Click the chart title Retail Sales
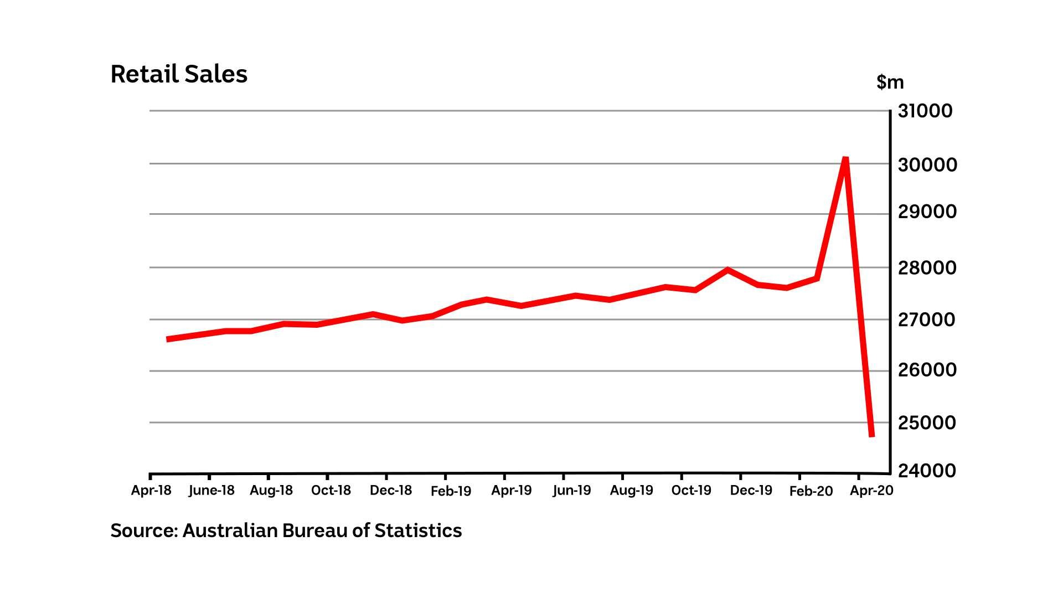pos(179,74)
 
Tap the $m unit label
pos(890,82)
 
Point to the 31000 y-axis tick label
pos(925,111)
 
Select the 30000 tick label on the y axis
pos(927,164)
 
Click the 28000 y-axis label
pos(927,267)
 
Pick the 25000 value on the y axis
pos(927,422)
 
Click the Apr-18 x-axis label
pos(151,491)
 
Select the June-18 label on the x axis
pos(211,491)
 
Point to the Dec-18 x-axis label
pos(391,491)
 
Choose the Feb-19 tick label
pos(451,491)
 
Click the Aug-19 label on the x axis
pos(631,491)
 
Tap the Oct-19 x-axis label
pos(691,491)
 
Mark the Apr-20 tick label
pos(871,491)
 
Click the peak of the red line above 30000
pos(845,159)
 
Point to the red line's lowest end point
pos(871,435)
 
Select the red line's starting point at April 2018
pos(168,339)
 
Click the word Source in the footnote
pos(143,530)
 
